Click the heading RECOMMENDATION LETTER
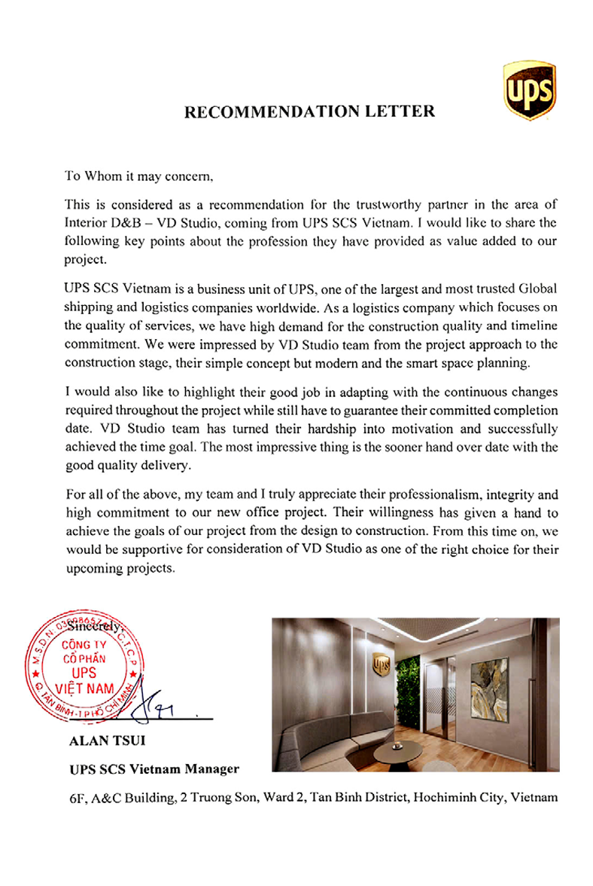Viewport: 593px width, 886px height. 309,112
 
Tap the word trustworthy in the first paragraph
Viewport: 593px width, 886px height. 355,206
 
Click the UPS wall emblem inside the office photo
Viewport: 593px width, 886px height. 381,664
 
